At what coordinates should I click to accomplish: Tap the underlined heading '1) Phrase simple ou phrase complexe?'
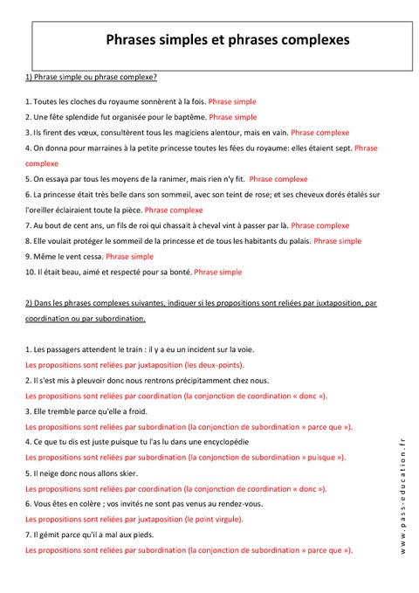(91, 78)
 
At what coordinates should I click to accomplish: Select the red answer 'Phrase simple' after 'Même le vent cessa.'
(129, 257)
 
